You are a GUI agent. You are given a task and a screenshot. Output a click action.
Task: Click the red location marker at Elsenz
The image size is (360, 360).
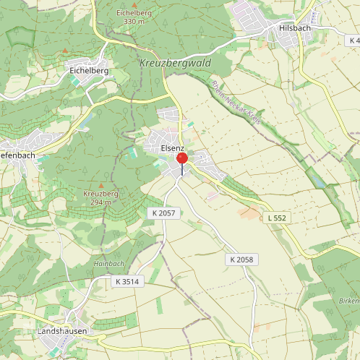(x=181, y=158)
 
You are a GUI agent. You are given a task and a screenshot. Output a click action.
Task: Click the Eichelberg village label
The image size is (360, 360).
(x=89, y=72)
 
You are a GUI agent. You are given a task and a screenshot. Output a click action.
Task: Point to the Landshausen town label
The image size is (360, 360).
(x=61, y=331)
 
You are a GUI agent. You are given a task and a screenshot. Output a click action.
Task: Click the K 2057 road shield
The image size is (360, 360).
(x=164, y=213)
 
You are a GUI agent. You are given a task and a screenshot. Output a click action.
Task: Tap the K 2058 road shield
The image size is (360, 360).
(x=243, y=260)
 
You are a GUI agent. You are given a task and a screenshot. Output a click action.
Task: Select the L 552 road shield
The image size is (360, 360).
(x=277, y=217)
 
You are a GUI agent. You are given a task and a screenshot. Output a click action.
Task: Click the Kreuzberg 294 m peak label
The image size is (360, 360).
(x=100, y=199)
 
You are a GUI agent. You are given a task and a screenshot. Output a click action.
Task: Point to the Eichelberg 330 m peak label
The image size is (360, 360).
(x=134, y=17)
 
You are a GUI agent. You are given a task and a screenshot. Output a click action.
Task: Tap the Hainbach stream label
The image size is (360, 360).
(x=108, y=264)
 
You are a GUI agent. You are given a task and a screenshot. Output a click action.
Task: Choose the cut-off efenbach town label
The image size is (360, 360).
(x=16, y=155)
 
